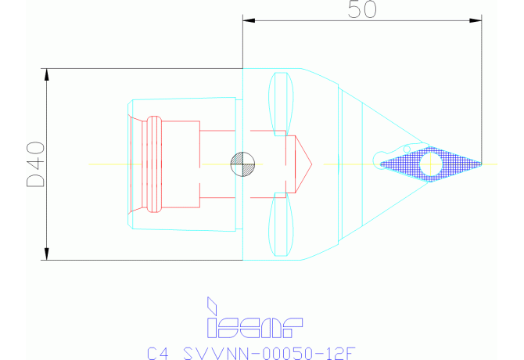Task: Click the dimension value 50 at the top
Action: [362, 9]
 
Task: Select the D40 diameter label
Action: [34, 164]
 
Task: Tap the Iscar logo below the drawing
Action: [254, 317]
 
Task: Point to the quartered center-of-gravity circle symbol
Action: [242, 164]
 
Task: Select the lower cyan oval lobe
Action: [282, 226]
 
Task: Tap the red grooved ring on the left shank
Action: [153, 164]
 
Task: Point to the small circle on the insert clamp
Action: [406, 148]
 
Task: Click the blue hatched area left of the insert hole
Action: [403, 164]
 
